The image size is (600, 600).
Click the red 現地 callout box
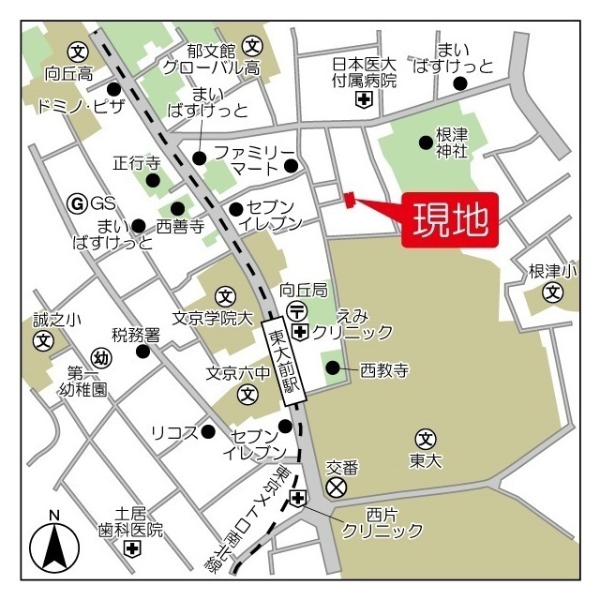pyautogui.click(x=450, y=221)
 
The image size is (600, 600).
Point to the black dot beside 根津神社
pyautogui.click(x=426, y=142)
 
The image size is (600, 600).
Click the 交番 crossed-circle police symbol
pyautogui.click(x=336, y=487)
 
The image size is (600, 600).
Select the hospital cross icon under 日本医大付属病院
pyautogui.click(x=364, y=99)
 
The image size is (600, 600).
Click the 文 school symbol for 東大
pyautogui.click(x=426, y=438)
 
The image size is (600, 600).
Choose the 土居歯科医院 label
pyautogui.click(x=131, y=522)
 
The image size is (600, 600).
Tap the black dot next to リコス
pyautogui.click(x=209, y=431)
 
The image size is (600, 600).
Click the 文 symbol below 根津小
pyautogui.click(x=554, y=293)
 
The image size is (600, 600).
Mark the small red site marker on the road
pyautogui.click(x=349, y=199)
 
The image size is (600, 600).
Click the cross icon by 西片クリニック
pyautogui.click(x=298, y=498)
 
